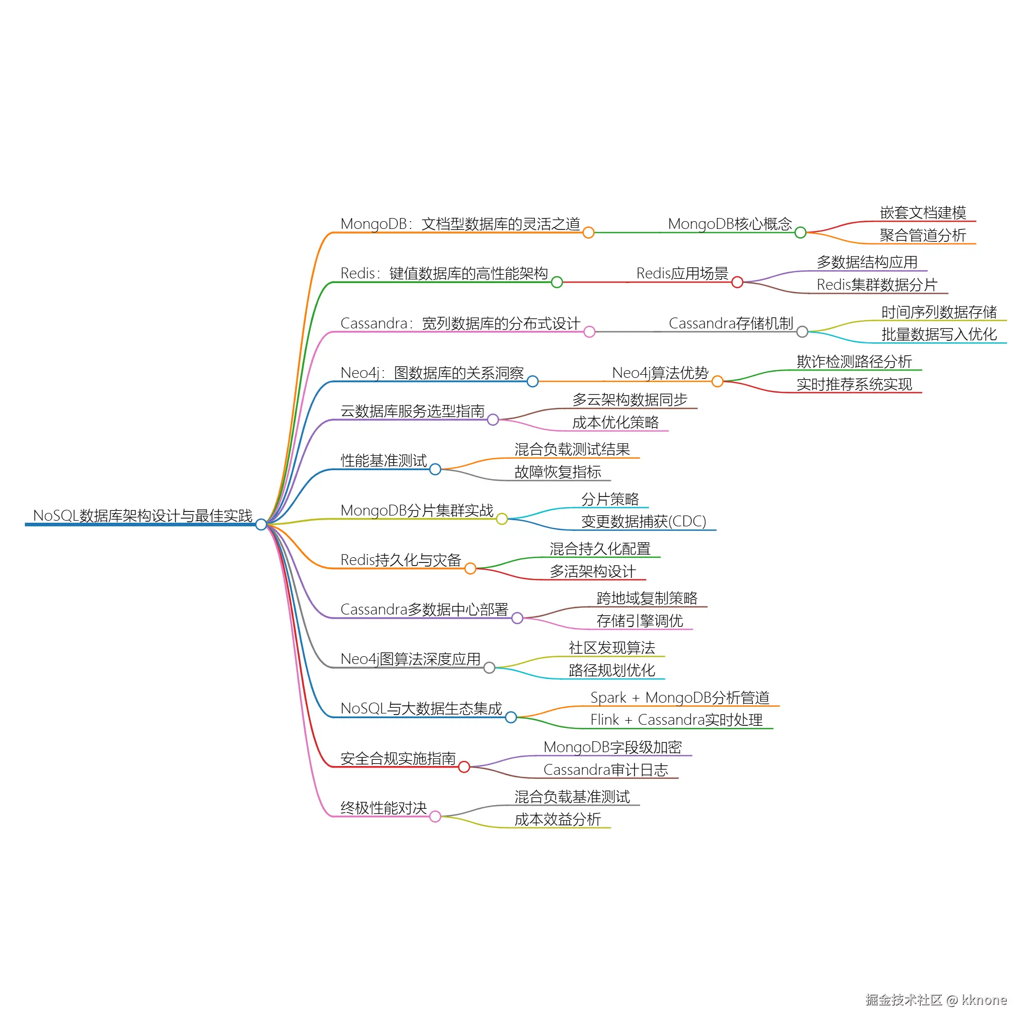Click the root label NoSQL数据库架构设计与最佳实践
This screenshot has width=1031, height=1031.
click(142, 515)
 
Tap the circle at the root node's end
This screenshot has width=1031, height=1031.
click(261, 525)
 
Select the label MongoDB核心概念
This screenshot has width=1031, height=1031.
click(729, 224)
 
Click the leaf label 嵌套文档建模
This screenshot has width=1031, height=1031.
click(923, 213)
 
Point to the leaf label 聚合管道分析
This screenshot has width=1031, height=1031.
click(923, 236)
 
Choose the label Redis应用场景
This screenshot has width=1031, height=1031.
click(682, 273)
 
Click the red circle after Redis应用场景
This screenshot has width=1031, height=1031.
click(737, 282)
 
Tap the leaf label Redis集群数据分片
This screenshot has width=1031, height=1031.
click(877, 285)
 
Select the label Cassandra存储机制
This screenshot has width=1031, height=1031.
click(730, 323)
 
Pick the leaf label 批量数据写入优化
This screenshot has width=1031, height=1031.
click(939, 335)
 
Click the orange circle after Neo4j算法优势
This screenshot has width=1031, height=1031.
click(717, 381)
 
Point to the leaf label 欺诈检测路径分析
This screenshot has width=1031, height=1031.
click(854, 362)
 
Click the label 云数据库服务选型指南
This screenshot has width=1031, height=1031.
click(412, 411)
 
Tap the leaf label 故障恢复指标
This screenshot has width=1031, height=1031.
click(558, 472)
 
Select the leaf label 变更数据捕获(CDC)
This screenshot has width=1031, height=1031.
click(643, 521)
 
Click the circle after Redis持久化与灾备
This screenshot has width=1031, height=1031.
click(470, 568)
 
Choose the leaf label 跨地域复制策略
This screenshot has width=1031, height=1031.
click(647, 598)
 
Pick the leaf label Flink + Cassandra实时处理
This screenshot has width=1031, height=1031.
click(676, 720)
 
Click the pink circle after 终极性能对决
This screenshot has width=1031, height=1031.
click(435, 817)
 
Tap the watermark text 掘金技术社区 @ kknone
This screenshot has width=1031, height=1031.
click(936, 1000)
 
